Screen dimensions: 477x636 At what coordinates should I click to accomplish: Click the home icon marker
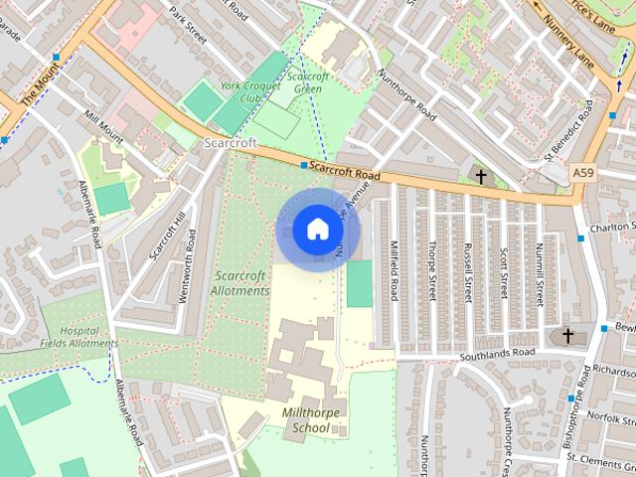click(317, 229)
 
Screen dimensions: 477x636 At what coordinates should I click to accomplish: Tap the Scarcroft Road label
click(344, 173)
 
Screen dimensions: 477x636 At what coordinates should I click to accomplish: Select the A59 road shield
click(585, 173)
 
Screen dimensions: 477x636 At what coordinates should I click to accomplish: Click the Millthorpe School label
click(305, 420)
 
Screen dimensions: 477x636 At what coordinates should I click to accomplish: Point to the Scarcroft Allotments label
click(239, 282)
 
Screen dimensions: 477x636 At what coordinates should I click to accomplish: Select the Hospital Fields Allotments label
click(79, 337)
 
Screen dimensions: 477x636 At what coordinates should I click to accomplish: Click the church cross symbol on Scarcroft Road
click(482, 177)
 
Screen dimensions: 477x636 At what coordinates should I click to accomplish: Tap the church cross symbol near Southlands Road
click(568, 336)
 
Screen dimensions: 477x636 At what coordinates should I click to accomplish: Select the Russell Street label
click(467, 271)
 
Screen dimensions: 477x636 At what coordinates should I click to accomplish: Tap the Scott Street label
click(504, 274)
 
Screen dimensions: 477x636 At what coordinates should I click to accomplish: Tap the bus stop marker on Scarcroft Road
click(303, 164)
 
